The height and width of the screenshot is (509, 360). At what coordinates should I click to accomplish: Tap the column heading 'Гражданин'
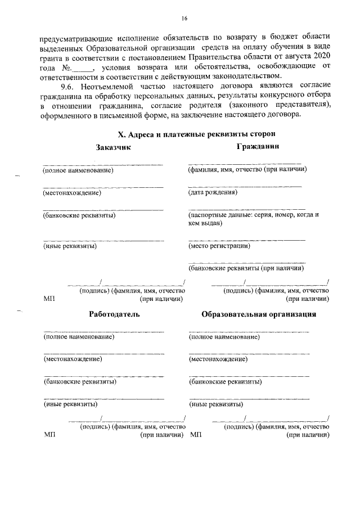[x=259, y=147]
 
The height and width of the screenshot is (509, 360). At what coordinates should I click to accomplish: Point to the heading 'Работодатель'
[x=114, y=314]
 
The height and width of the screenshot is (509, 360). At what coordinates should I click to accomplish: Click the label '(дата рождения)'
[x=213, y=193]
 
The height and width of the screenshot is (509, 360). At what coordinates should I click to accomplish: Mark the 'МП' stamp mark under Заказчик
[x=48, y=299]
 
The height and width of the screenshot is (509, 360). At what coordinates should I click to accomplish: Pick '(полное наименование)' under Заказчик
[x=78, y=170]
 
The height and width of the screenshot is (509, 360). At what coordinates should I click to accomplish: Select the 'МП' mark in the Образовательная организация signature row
[x=196, y=435]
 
